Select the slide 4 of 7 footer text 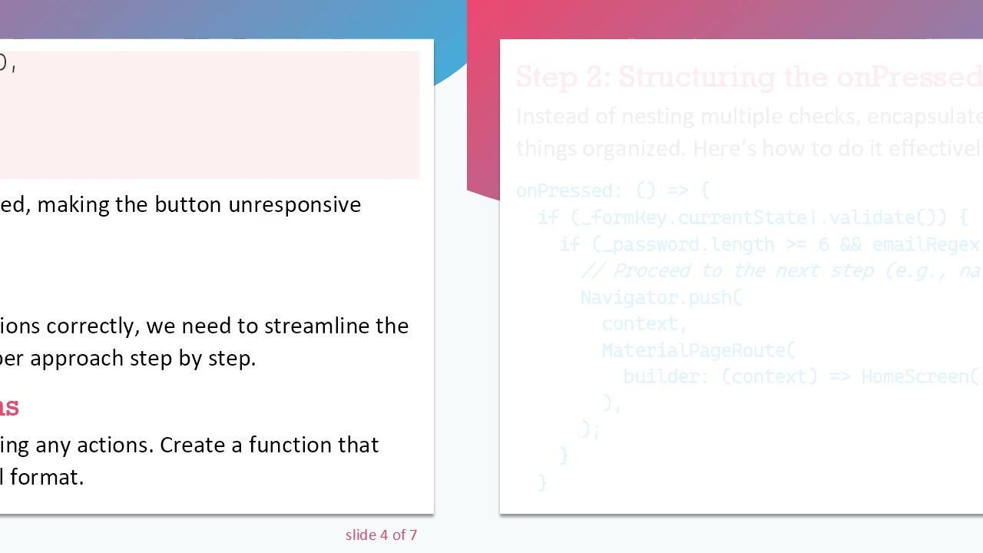click(x=381, y=535)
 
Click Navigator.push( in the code click(x=660, y=297)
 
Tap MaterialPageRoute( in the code click(x=698, y=350)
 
